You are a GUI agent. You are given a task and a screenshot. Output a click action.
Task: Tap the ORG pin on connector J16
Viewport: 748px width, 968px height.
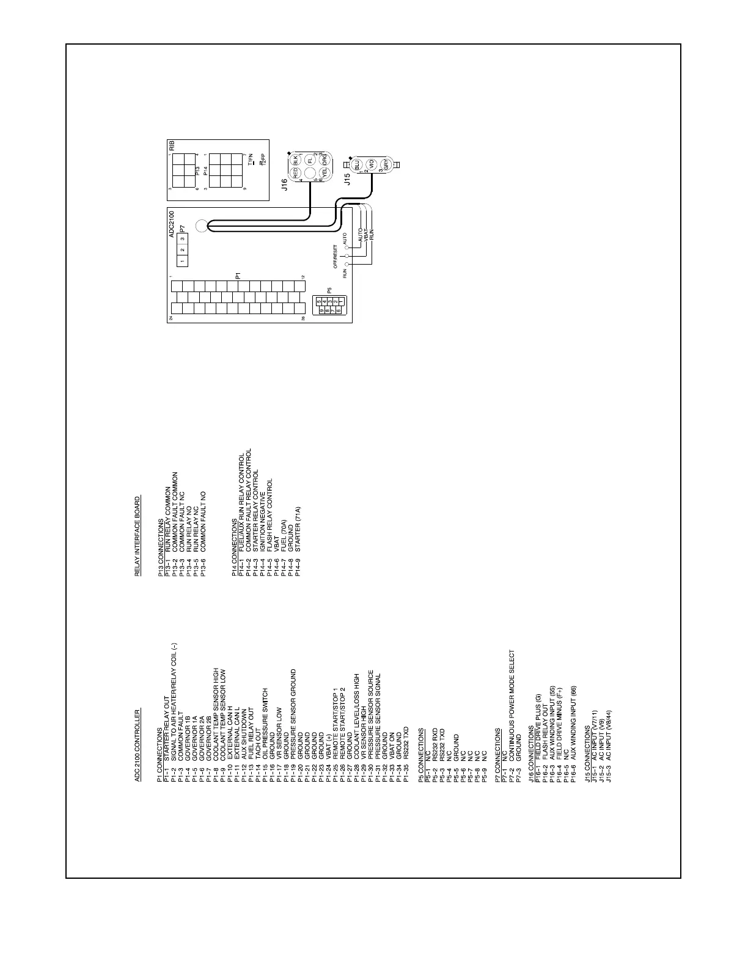click(x=326, y=161)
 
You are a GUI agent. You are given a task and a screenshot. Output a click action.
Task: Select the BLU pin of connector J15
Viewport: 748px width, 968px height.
click(x=356, y=164)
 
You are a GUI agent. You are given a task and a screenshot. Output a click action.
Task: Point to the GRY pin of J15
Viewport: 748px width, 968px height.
click(x=386, y=164)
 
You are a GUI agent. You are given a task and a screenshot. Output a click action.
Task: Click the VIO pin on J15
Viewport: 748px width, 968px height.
click(x=371, y=164)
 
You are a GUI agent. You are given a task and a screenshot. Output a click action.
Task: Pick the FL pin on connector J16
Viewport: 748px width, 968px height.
click(x=310, y=159)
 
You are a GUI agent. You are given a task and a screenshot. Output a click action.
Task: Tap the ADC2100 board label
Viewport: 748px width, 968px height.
click(x=172, y=224)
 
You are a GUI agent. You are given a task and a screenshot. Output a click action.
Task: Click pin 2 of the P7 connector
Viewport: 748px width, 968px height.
click(x=182, y=249)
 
